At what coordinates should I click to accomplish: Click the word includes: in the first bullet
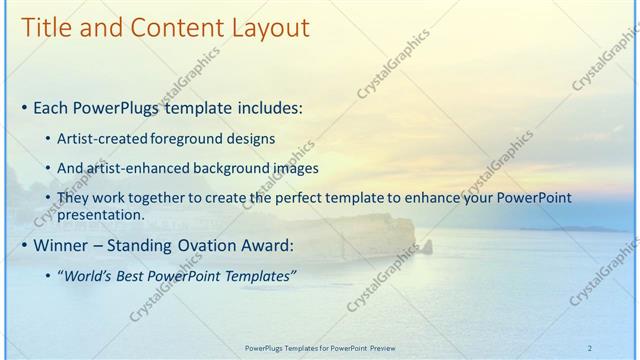[271, 107]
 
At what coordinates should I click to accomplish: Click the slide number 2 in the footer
[590, 347]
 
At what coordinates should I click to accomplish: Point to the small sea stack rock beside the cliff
[428, 246]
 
